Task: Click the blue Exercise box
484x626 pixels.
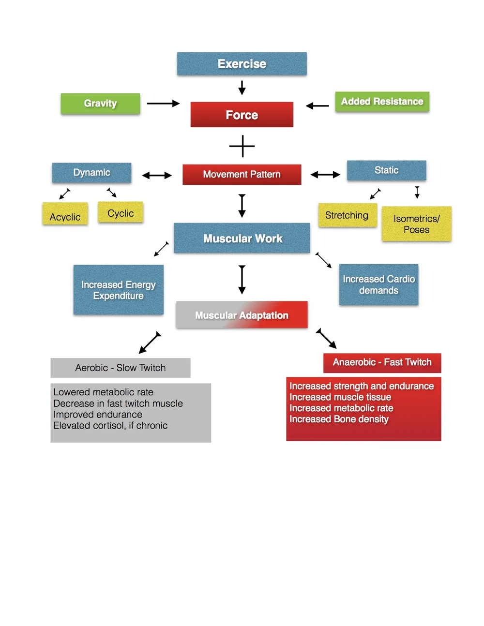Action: tap(242, 64)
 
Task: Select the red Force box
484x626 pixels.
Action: tap(242, 115)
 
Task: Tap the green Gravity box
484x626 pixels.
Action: tap(100, 104)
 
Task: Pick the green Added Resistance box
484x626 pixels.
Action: tap(382, 102)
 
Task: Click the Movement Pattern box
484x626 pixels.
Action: tap(242, 174)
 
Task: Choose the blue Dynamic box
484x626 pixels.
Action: tap(91, 173)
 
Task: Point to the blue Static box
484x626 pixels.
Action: tap(386, 170)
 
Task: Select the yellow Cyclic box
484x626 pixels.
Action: tap(121, 212)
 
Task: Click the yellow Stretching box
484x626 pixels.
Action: tap(347, 215)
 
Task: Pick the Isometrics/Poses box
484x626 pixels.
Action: tap(416, 224)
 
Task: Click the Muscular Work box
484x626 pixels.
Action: tap(242, 238)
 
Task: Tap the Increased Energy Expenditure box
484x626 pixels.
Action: tap(118, 290)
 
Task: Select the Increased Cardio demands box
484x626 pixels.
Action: tap(378, 284)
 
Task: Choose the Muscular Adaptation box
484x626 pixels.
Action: tap(242, 315)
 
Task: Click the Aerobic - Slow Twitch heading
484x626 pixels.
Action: tap(120, 368)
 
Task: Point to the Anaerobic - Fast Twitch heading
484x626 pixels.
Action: tap(382, 362)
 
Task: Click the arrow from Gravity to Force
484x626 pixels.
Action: tap(163, 104)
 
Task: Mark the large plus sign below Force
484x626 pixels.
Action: tap(242, 146)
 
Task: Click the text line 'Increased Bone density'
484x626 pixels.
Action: tap(339, 419)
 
